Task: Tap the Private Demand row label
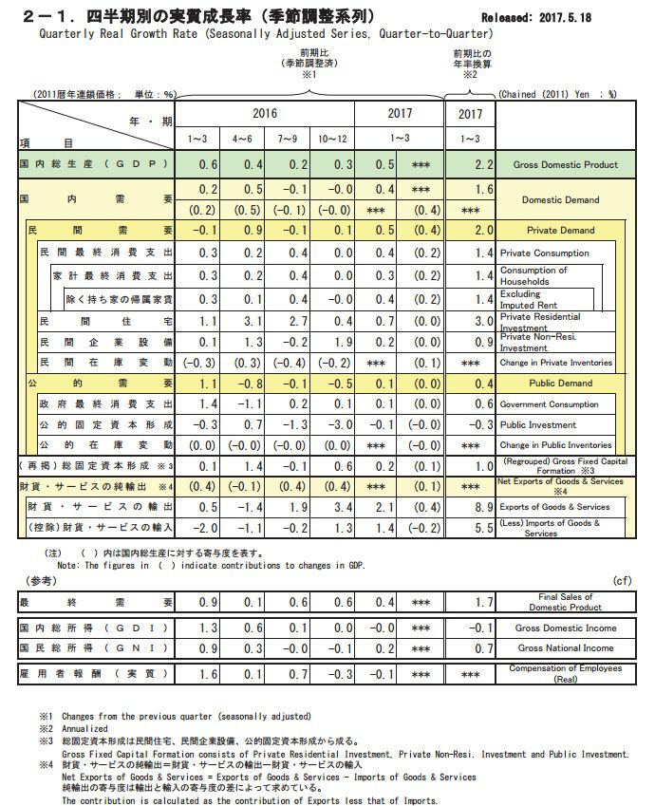point(560,230)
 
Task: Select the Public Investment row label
point(538,424)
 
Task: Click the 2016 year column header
point(265,113)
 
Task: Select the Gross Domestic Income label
point(567,628)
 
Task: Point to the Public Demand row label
point(560,383)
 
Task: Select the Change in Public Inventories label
point(556,444)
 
